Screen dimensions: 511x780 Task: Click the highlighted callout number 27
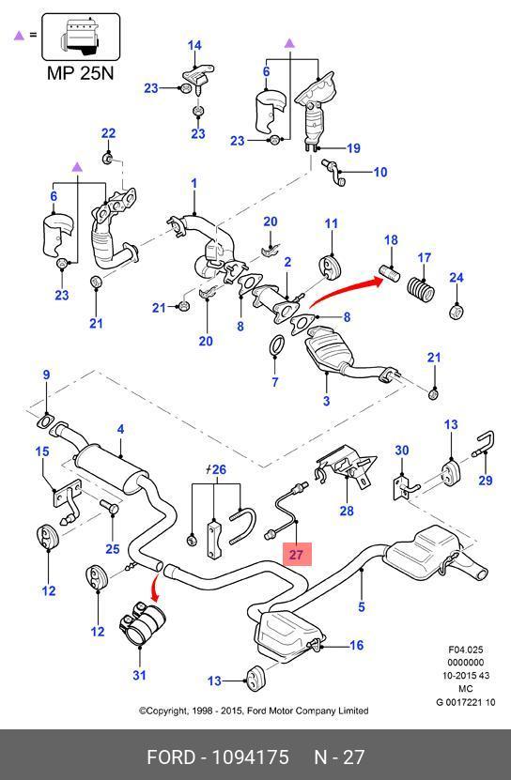click(x=296, y=554)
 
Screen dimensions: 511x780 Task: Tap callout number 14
click(x=194, y=45)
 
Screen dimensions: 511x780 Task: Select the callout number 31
click(x=139, y=675)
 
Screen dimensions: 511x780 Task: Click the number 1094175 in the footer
click(x=251, y=757)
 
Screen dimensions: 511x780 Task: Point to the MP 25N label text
click(x=80, y=73)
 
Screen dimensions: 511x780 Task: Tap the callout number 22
click(x=108, y=133)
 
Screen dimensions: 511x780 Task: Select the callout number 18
click(x=391, y=240)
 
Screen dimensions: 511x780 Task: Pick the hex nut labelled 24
click(x=457, y=312)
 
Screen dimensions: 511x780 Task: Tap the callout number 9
click(x=46, y=375)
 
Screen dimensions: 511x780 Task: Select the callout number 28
click(x=347, y=511)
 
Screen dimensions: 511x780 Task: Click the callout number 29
click(x=485, y=480)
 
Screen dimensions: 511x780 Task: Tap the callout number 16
click(x=357, y=645)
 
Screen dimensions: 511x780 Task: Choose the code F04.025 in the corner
click(x=466, y=650)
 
